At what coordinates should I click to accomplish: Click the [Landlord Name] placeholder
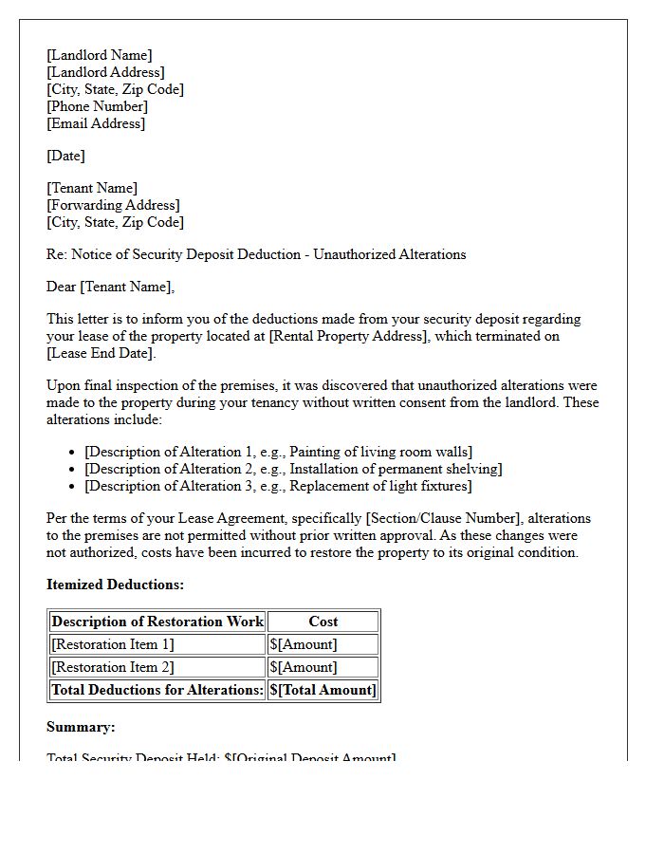(99, 55)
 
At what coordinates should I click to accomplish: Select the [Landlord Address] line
(105, 72)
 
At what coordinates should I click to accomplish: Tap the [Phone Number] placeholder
(97, 106)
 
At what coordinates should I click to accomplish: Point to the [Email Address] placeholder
(96, 123)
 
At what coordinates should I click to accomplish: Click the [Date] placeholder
(65, 156)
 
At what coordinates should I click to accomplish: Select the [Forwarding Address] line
(113, 205)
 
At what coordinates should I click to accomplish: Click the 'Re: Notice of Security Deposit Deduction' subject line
(256, 254)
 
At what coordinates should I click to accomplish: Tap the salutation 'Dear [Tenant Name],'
(111, 287)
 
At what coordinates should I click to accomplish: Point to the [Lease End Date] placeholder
(101, 353)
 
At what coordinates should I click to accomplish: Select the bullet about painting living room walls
(278, 452)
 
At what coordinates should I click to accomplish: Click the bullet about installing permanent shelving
(293, 469)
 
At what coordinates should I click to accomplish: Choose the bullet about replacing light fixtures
(278, 486)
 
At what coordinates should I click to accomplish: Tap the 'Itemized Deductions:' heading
(115, 585)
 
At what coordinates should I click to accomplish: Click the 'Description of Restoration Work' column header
(157, 622)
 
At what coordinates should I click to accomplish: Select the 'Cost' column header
(323, 622)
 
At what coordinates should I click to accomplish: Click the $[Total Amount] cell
(323, 690)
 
